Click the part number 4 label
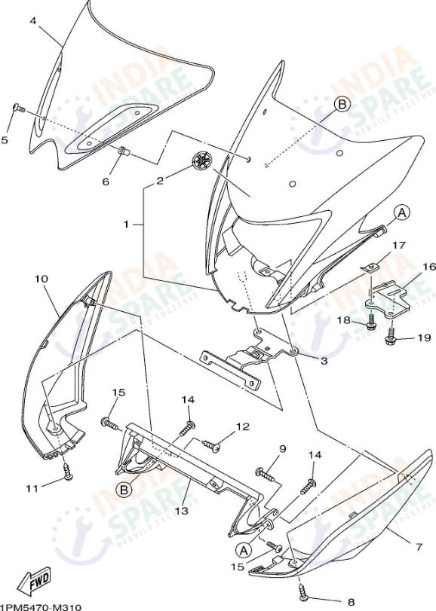click(33, 21)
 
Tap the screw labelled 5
click(18, 110)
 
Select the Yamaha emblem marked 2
click(203, 160)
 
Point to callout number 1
click(127, 224)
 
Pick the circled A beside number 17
click(402, 214)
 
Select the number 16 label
click(429, 267)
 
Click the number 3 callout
click(324, 362)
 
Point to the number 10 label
click(41, 280)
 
